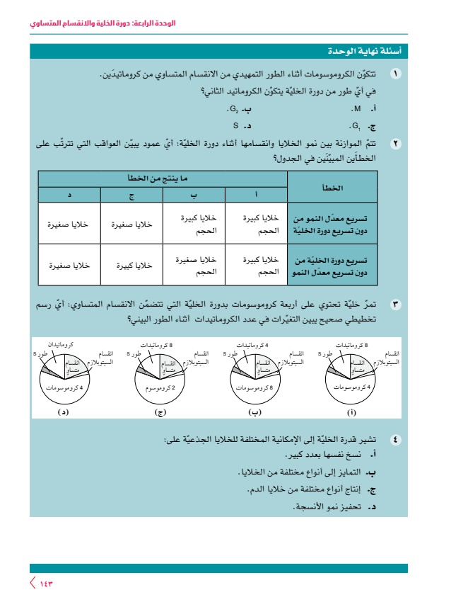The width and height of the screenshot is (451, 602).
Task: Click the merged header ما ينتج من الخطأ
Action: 162,178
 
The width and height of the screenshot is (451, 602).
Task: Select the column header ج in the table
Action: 131,194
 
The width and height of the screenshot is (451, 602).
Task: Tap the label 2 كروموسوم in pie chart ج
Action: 163,387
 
